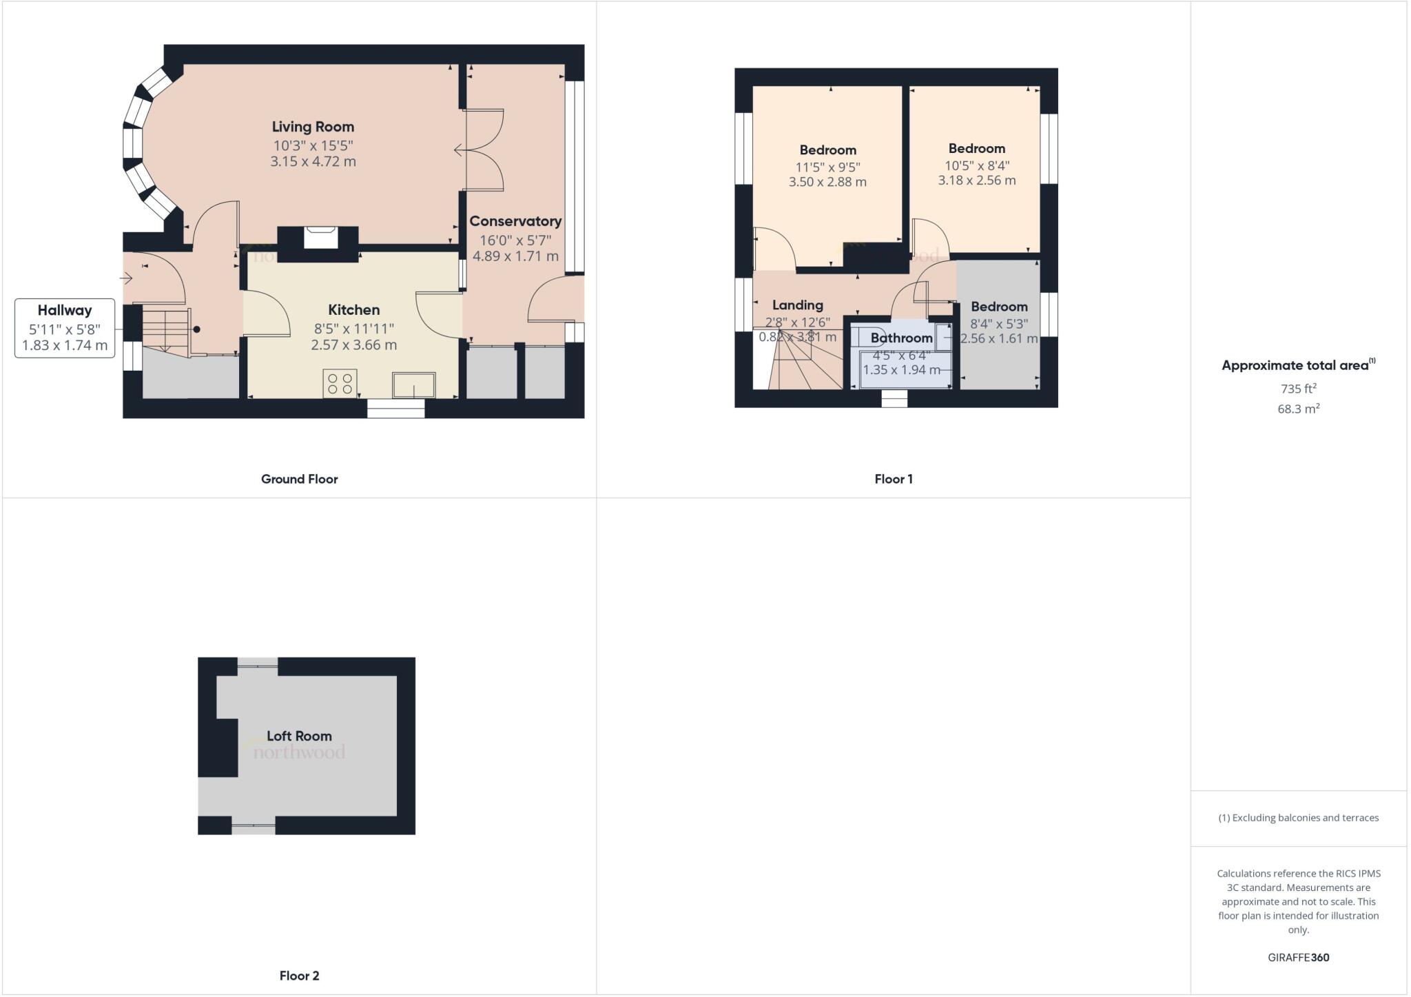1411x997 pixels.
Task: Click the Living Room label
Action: [x=313, y=127]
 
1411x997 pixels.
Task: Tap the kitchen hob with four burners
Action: [x=340, y=383]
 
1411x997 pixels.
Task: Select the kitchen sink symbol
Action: [x=413, y=384]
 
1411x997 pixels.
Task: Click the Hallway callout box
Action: [x=65, y=328]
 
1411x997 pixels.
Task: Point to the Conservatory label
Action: [x=515, y=221]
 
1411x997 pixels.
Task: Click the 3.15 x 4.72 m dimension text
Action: [x=313, y=162]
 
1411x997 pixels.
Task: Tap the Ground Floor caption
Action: [x=299, y=479]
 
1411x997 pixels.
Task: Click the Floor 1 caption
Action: [x=894, y=479]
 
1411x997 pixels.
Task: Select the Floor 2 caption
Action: [x=299, y=976]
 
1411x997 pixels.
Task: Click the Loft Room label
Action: [x=299, y=736]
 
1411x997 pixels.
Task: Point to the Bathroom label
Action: [x=901, y=338]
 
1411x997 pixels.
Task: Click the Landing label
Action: [x=797, y=305]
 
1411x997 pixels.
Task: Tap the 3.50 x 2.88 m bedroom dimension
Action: [x=827, y=183]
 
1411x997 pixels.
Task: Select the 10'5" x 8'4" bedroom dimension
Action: [x=976, y=165]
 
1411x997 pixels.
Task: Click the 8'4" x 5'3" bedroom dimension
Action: [x=999, y=324]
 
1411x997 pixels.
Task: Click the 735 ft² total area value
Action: [x=1298, y=389]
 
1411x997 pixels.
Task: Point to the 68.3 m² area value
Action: [x=1298, y=409]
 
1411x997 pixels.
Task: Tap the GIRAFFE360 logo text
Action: [x=1298, y=957]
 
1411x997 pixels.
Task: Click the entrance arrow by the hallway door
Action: [x=126, y=278]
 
